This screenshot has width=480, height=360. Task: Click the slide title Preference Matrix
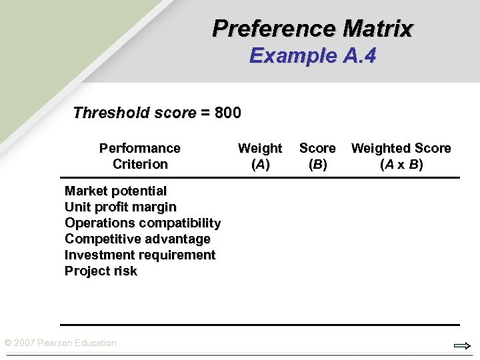point(313,29)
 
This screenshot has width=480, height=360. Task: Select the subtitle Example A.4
point(313,55)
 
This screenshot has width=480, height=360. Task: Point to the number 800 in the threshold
point(228,113)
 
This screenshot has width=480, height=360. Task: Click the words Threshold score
point(134,113)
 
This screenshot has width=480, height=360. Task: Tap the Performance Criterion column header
point(140,156)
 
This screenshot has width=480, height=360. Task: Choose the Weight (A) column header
point(260,156)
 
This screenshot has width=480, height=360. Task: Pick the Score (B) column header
point(317,156)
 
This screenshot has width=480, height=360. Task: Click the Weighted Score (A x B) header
point(401,156)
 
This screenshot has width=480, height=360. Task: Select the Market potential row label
point(115,191)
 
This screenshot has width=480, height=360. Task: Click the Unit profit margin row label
point(121,207)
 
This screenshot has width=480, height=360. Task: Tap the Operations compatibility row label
point(143,223)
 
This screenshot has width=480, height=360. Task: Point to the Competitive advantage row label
point(137,239)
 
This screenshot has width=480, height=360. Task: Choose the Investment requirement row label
point(140,255)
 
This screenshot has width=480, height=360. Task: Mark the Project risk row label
point(101,271)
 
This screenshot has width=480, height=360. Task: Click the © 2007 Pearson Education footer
point(60,343)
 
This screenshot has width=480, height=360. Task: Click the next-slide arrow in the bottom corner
point(462,345)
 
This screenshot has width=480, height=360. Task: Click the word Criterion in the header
point(140,164)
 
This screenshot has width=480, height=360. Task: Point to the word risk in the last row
point(125,271)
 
